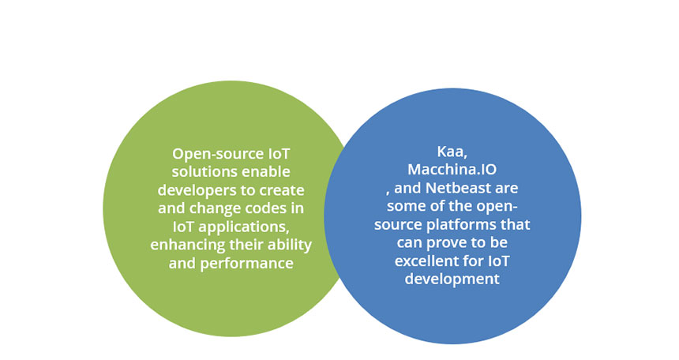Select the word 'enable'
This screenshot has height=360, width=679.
[x=266, y=171]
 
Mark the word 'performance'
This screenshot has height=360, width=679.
[x=246, y=264]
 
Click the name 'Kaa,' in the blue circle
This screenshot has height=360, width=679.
[x=452, y=152]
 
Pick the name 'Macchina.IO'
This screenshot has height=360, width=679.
[x=452, y=170]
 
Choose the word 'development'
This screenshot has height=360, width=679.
[x=452, y=279]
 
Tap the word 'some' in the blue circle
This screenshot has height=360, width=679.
[x=405, y=206]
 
